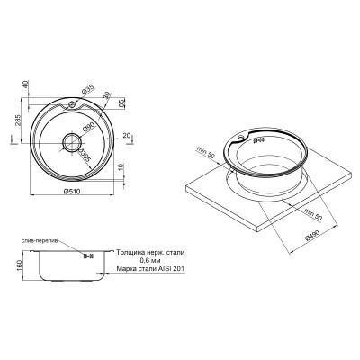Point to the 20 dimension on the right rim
[128, 135]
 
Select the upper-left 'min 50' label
[205, 149]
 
